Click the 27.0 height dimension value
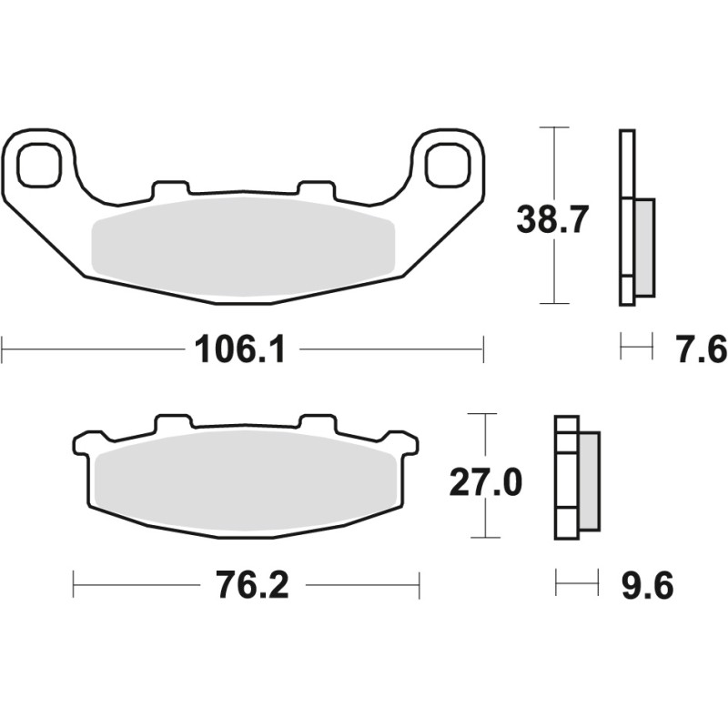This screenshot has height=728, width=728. click(x=486, y=482)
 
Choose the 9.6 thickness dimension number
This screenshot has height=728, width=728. click(x=648, y=585)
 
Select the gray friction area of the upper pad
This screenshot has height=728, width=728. click(x=243, y=244)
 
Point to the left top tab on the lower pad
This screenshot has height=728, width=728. click(x=174, y=424)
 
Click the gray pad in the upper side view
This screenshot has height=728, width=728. click(x=643, y=247)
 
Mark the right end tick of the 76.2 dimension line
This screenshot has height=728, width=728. click(x=420, y=585)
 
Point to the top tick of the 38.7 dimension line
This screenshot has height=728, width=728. click(x=554, y=126)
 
